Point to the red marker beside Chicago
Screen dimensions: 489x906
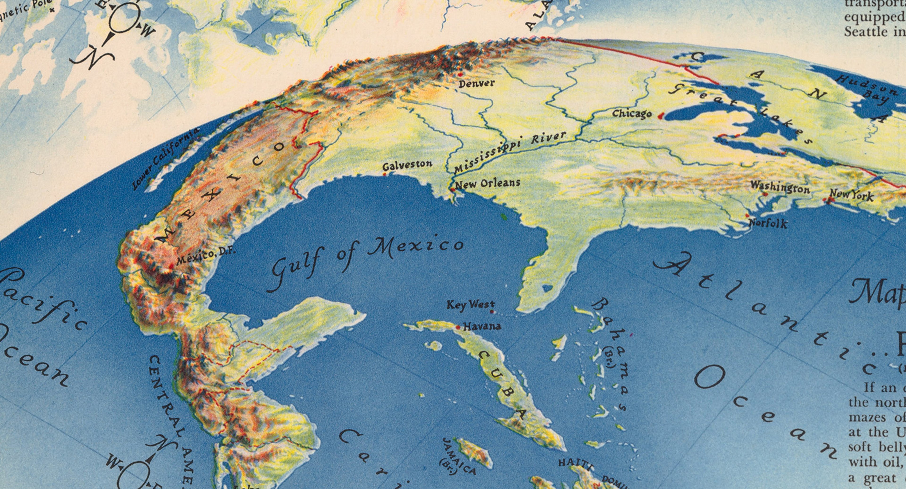click(x=661, y=115)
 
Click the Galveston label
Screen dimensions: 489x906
click(x=407, y=165)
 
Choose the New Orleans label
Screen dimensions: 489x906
click(x=487, y=183)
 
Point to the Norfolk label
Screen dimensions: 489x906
click(x=768, y=223)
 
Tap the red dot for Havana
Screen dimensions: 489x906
click(x=458, y=327)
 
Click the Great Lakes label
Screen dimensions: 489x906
click(x=738, y=113)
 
